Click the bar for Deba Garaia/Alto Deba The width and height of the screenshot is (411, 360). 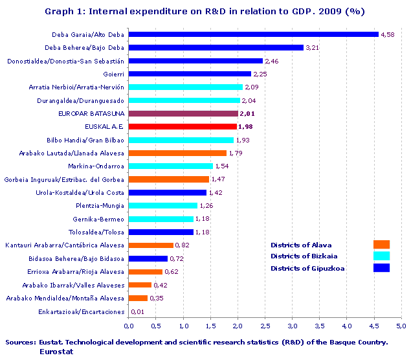pos(253,34)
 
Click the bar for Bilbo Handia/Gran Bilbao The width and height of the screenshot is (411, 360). pos(181,140)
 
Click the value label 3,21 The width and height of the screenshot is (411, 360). pos(313,47)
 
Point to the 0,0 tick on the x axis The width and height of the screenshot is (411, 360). pos(129,326)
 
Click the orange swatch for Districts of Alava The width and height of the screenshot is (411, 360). pos(381,244)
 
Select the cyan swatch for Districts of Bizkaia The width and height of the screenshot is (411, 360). pos(381,256)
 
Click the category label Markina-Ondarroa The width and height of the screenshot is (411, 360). pos(98,166)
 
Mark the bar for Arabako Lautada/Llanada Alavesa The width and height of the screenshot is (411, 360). pos(177,153)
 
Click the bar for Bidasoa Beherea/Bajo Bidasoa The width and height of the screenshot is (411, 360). pos(148,258)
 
